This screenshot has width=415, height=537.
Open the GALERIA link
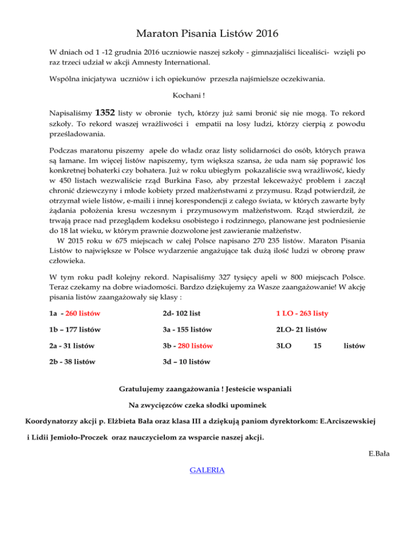[207, 470]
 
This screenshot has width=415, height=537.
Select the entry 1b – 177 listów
[75, 330]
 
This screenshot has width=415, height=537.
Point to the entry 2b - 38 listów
[73, 361]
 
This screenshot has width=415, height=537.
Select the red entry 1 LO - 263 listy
[302, 313]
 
